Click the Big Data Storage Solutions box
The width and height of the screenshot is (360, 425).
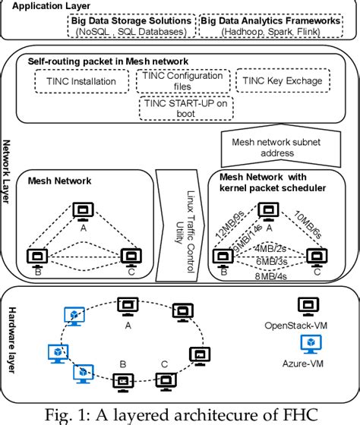[x=131, y=27]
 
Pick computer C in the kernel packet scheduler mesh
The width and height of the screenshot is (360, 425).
[x=313, y=256]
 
